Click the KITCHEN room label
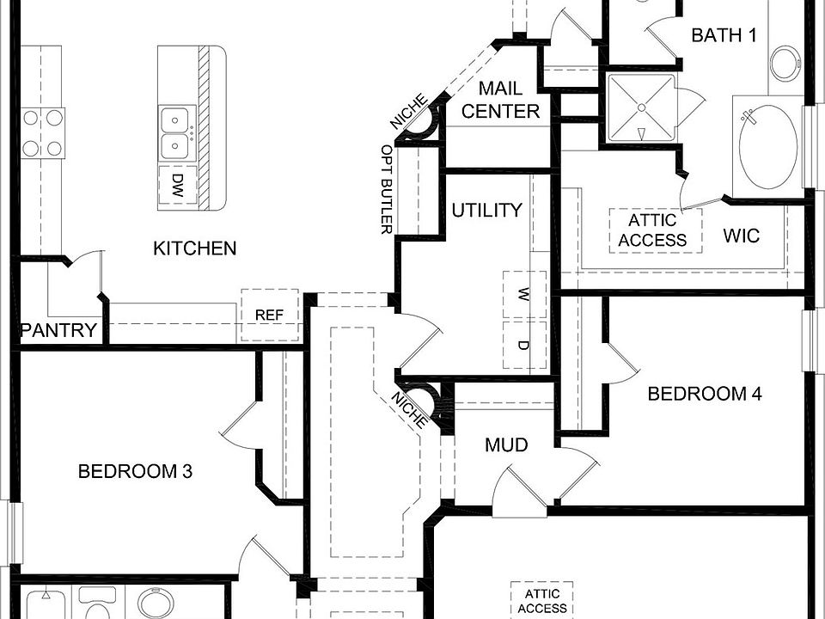coord(194,248)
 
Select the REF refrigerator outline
coord(269,316)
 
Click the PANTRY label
coord(58,331)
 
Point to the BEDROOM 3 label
coord(135,471)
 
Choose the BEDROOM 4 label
coord(704,394)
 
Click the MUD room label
coord(506,445)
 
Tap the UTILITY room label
coord(486,211)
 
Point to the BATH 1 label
coord(724,35)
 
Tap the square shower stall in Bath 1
coord(641,108)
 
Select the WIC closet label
coord(741,236)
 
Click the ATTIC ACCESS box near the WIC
coord(652,230)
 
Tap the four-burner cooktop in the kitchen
coord(43,132)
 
